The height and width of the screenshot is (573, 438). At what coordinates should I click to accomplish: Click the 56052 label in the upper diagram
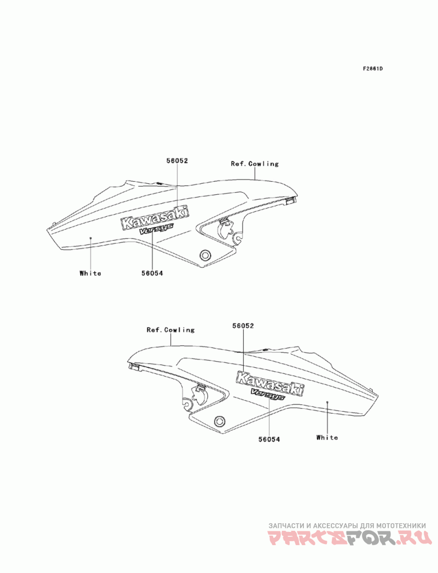(x=177, y=161)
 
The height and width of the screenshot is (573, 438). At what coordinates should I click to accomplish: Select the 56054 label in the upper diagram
(x=152, y=273)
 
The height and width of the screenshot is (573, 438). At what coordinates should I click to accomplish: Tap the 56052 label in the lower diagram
(x=243, y=325)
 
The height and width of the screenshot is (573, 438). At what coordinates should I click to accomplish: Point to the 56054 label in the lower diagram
(x=269, y=438)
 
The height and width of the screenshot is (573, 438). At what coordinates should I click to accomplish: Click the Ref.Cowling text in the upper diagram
(x=255, y=164)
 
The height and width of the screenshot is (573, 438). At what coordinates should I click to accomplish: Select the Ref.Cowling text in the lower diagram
(x=170, y=330)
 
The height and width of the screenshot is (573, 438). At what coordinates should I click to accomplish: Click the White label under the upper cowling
(x=90, y=273)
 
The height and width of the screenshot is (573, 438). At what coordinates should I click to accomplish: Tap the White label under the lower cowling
(x=327, y=437)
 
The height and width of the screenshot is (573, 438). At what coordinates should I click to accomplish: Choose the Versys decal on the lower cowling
(x=267, y=395)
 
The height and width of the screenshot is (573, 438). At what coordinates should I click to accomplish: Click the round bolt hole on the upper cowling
(x=205, y=255)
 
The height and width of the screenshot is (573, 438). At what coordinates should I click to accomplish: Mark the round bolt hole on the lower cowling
(x=220, y=421)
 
